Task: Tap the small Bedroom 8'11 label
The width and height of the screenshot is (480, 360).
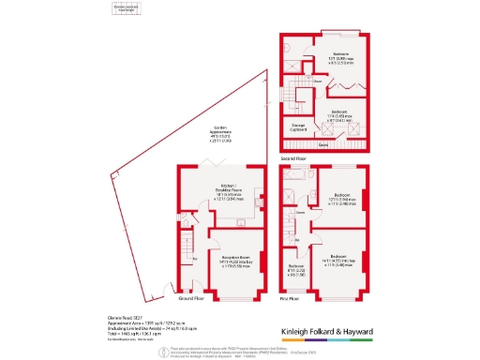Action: pos(296,268)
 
